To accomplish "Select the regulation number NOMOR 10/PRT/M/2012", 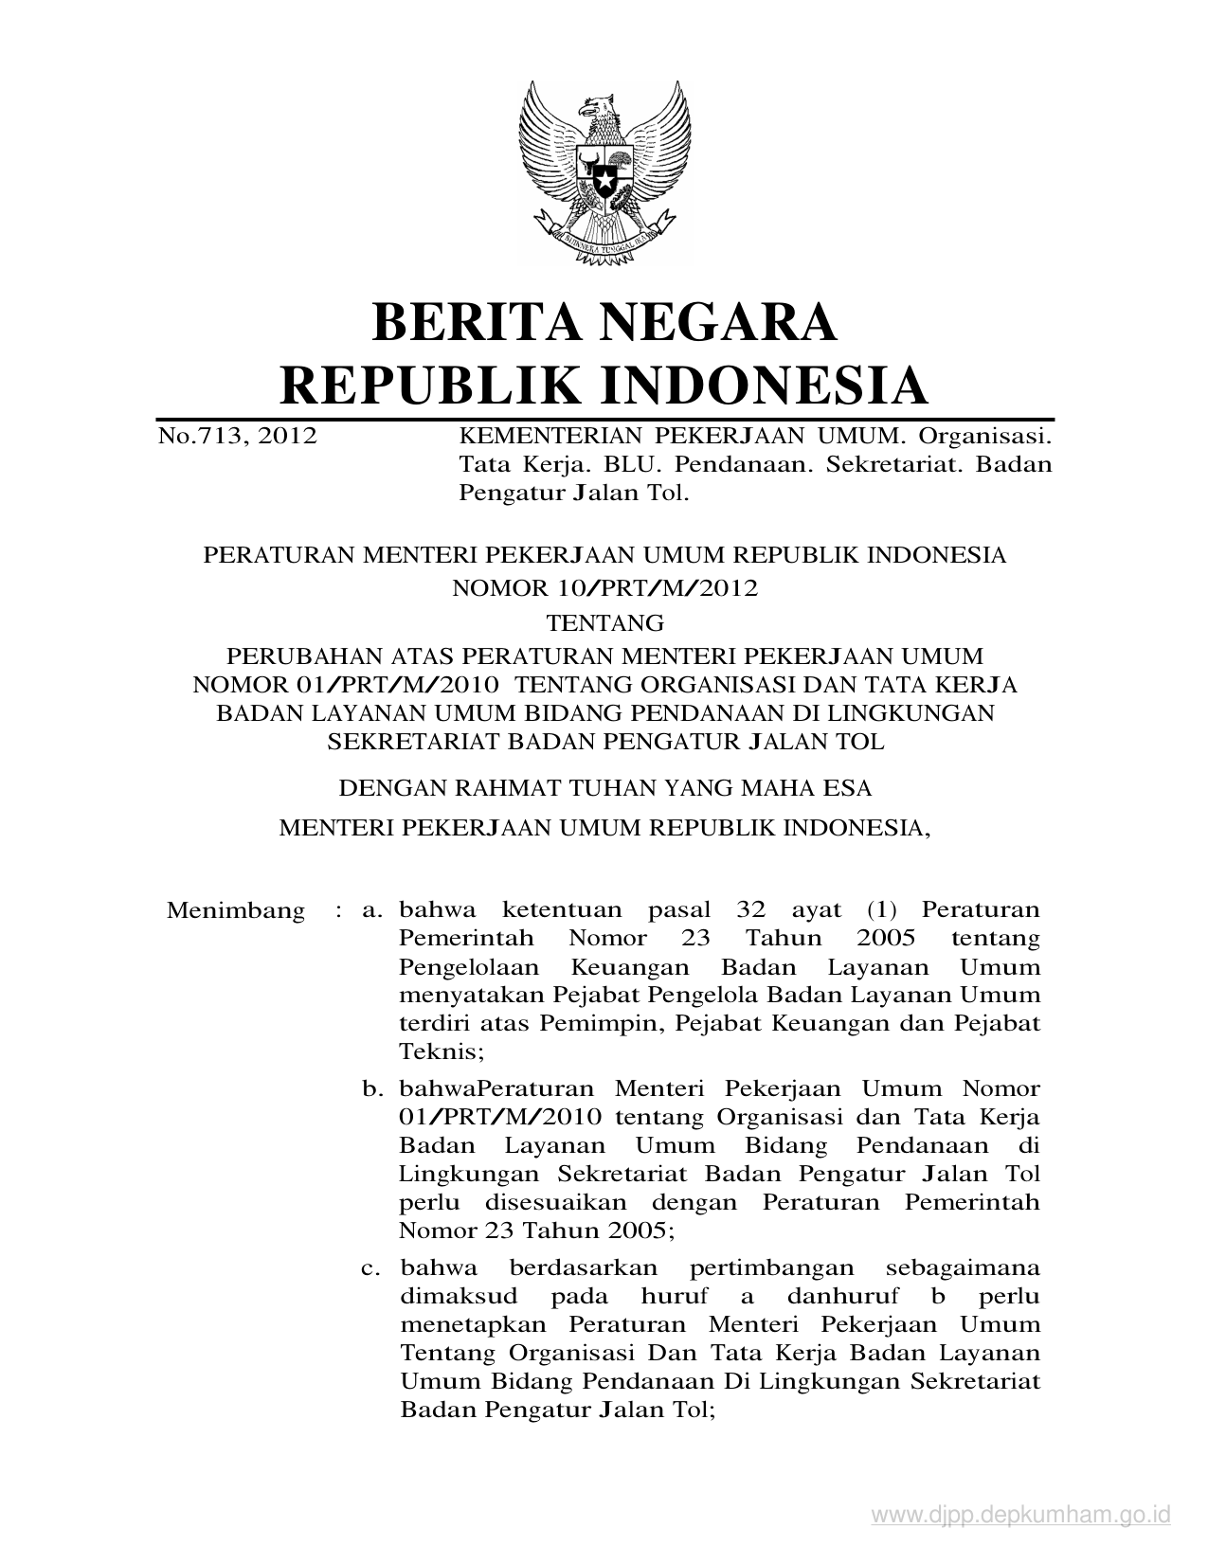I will click(604, 588).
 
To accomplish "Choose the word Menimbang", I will click(236, 911).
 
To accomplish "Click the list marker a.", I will click(372, 911).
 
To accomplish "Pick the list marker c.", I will click(372, 1268).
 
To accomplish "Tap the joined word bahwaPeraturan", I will click(496, 1089).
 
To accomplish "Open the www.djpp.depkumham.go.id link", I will click(1021, 1517).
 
